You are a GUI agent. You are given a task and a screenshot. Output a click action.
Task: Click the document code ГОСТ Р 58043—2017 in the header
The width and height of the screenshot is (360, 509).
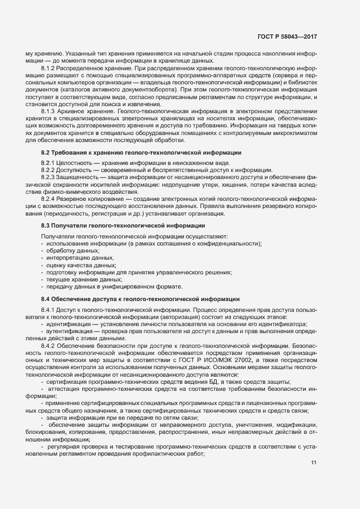pyautogui.click(x=288, y=36)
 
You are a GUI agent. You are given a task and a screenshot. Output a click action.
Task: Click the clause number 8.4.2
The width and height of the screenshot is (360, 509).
pyautogui.click(x=48, y=345)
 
